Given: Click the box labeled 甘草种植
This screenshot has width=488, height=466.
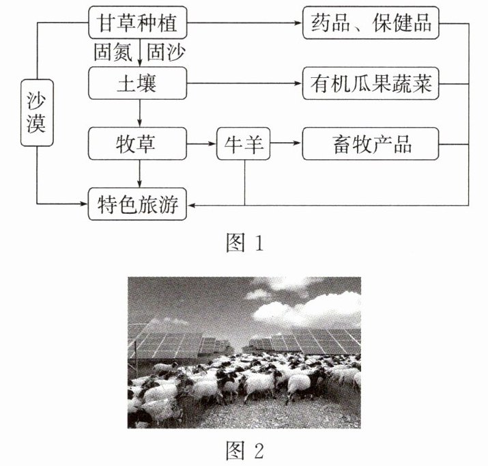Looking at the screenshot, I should [x=138, y=25].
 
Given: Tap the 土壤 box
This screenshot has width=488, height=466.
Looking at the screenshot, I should [x=138, y=85].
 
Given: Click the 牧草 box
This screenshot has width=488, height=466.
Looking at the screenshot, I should [x=138, y=144].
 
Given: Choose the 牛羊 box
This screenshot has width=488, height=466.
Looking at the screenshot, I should [x=244, y=144].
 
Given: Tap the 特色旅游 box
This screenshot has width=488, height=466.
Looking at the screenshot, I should [x=138, y=204].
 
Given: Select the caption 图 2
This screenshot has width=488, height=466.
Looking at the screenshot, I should [x=244, y=450].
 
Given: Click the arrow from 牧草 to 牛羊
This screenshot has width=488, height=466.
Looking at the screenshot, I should [x=201, y=144].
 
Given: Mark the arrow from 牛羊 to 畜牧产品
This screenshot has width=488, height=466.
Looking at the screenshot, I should [x=285, y=144].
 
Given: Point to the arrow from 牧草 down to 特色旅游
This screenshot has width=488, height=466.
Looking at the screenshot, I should [x=139, y=174].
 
